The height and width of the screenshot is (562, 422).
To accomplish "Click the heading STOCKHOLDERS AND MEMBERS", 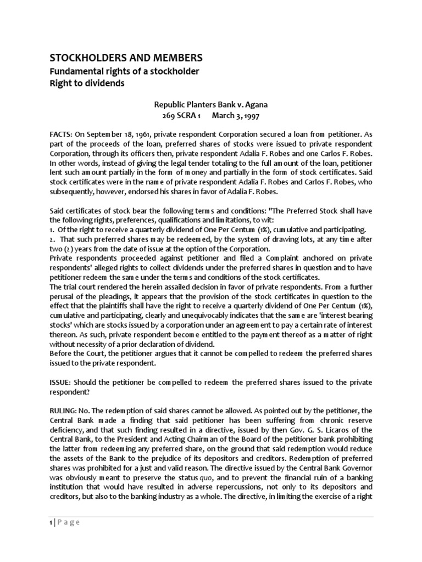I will coord(126,58).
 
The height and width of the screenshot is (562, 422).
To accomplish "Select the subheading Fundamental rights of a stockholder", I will coord(125,72).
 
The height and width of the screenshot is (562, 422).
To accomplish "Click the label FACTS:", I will coord(63,134).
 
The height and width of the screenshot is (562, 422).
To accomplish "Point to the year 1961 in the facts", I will coord(130,134).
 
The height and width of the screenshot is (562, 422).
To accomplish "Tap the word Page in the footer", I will coord(70,522).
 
